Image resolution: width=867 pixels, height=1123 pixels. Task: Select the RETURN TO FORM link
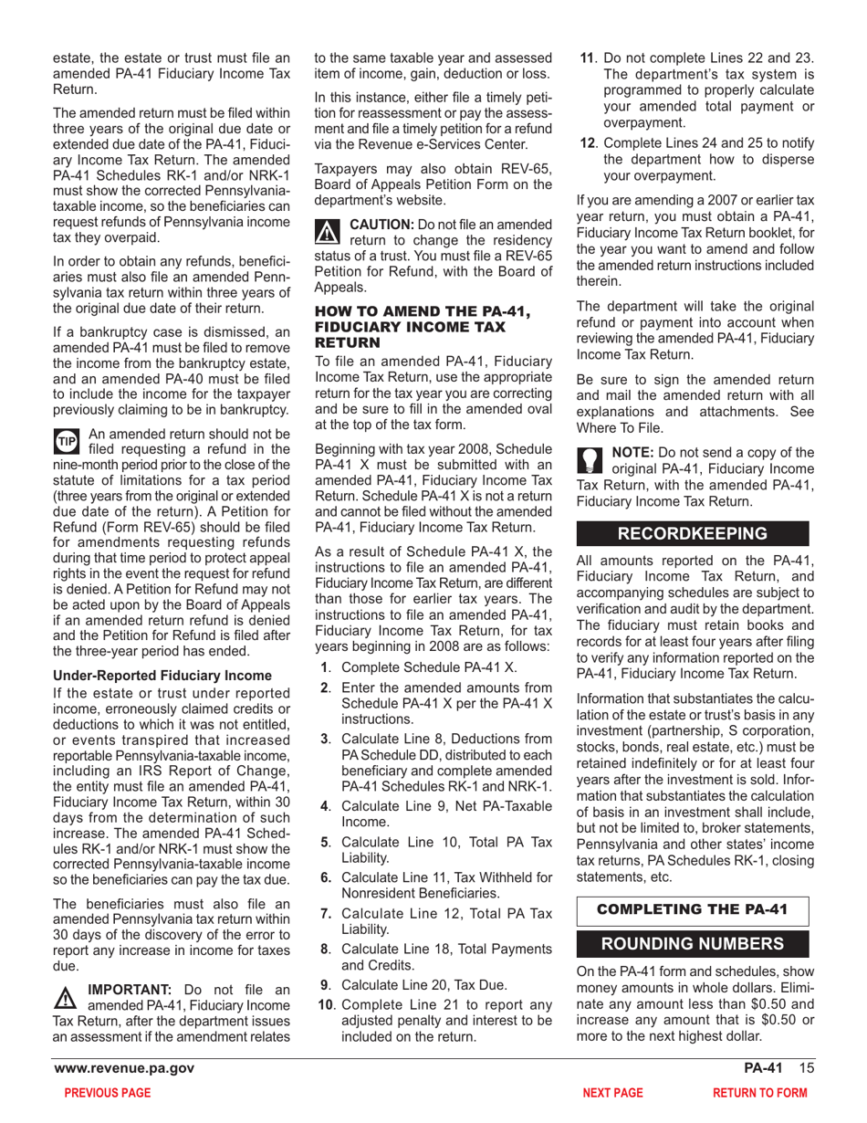click(x=760, y=1092)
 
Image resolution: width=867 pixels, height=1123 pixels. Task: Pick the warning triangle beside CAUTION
click(x=326, y=231)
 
